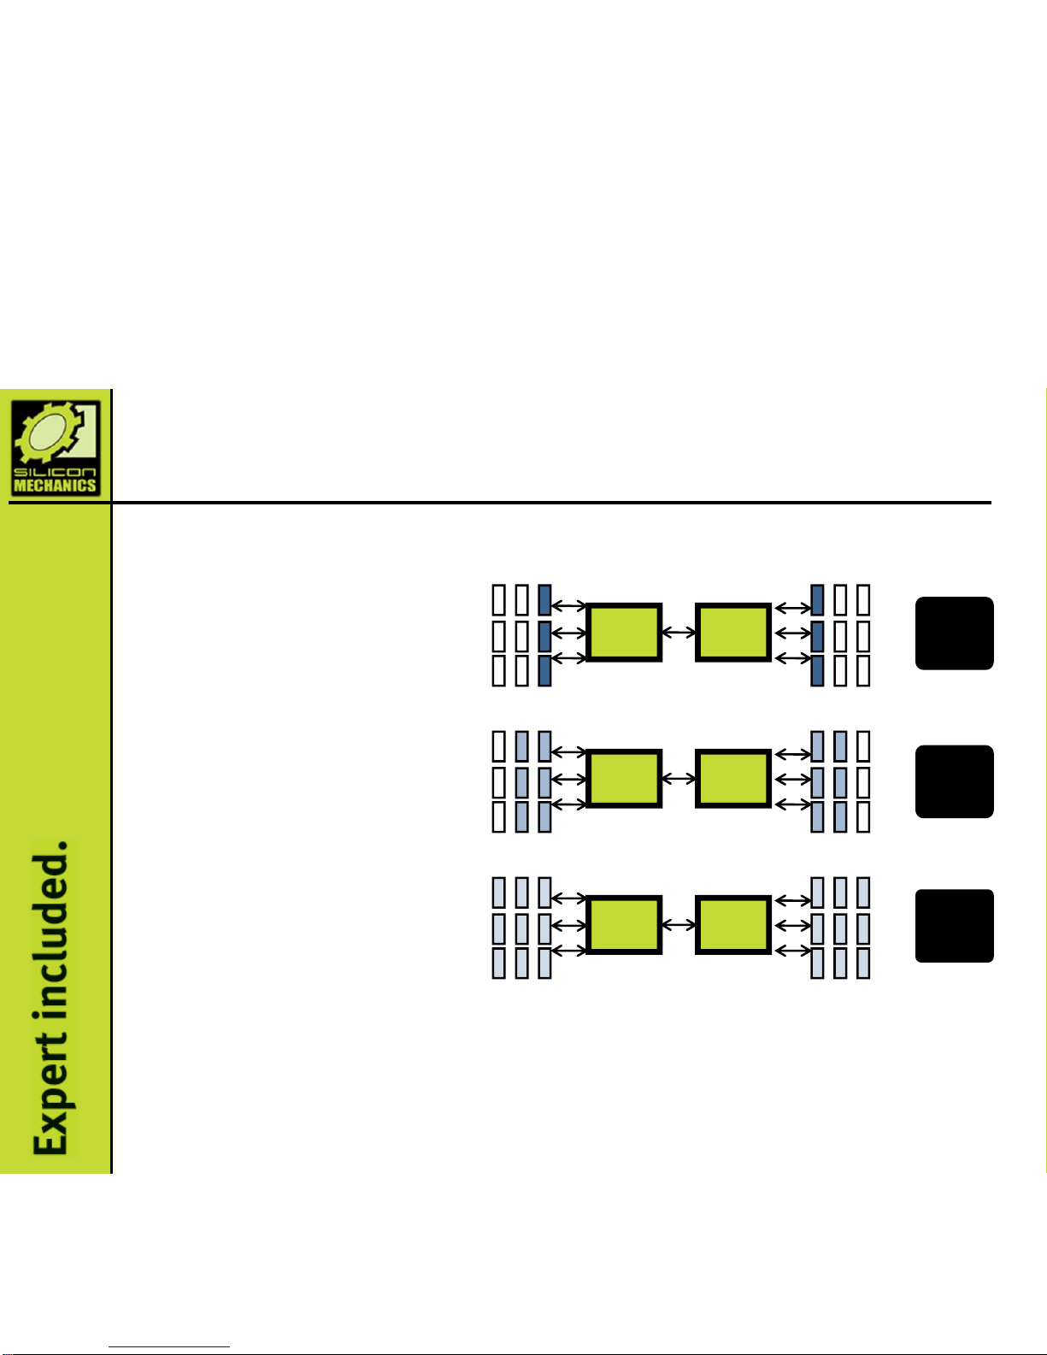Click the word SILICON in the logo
pos(55,471)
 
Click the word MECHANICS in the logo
pos(55,485)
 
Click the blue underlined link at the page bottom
pos(169,1346)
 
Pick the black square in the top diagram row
pos(954,633)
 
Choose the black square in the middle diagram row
pos(954,781)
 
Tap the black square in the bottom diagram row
pos(954,925)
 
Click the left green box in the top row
pos(623,632)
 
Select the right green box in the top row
pos(733,632)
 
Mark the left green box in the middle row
pos(623,778)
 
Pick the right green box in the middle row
pos(733,778)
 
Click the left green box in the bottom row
pos(623,925)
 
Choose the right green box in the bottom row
pos(733,925)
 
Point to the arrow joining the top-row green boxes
pos(679,633)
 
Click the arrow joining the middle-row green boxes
pos(679,778)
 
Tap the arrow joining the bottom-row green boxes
pos(679,925)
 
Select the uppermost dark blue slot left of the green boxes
pos(544,600)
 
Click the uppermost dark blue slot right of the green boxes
pos(817,600)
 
